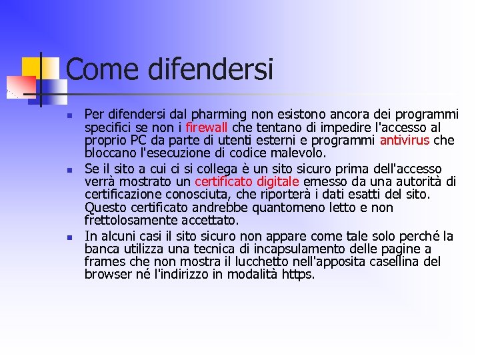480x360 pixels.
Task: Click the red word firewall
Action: point(207,127)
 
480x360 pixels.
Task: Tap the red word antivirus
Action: point(405,140)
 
